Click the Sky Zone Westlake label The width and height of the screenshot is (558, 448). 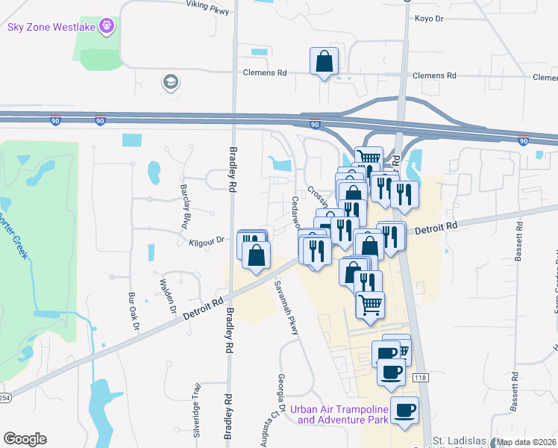51,27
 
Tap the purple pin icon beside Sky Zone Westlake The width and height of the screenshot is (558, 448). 107,27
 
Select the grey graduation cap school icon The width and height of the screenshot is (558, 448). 170,82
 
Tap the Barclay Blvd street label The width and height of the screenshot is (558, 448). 184,206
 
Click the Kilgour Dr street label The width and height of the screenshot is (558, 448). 207,240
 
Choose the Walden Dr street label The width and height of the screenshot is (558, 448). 166,296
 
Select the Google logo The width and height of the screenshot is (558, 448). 25,439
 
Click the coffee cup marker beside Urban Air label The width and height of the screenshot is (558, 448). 404,411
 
